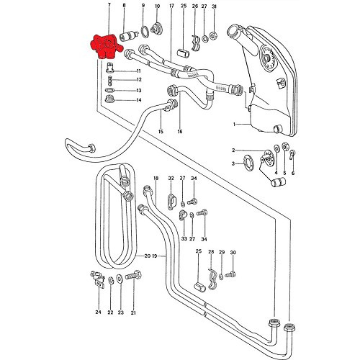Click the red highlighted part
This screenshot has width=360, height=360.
click(x=104, y=49)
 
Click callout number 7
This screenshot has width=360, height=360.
click(x=109, y=6)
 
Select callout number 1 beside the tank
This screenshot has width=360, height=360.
click(x=233, y=124)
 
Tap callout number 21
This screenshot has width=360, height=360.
click(x=133, y=312)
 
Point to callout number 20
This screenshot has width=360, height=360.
click(x=148, y=256)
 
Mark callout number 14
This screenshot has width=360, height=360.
click(x=138, y=100)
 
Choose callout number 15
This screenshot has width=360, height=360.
click(x=161, y=132)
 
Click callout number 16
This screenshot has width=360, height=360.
click(x=179, y=132)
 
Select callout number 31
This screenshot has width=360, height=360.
click(x=214, y=6)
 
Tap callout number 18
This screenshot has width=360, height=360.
click(x=155, y=178)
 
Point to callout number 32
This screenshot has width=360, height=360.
click(x=171, y=178)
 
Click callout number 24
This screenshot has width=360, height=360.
click(x=98, y=312)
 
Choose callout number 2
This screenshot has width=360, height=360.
click(x=234, y=150)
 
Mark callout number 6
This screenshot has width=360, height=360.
click(x=293, y=174)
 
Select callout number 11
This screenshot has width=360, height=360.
click(x=138, y=72)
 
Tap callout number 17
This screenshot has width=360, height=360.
click(x=171, y=6)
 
